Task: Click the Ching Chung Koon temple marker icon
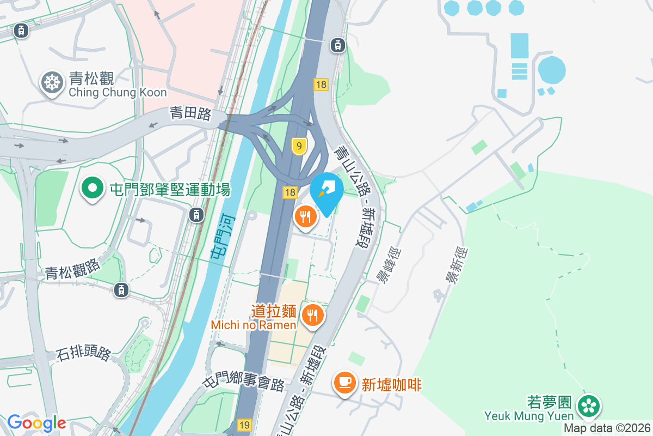pyautogui.click(x=52, y=83)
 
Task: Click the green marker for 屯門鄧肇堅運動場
pyautogui.click(x=93, y=189)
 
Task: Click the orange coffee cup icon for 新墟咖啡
pyautogui.click(x=344, y=382)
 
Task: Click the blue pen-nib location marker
pyautogui.click(x=327, y=191)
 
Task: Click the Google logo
pyautogui.click(x=36, y=423)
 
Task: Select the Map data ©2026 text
pyautogui.click(x=607, y=428)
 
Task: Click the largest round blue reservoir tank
pyautogui.click(x=551, y=70)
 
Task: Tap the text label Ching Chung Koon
pyautogui.click(x=118, y=92)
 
